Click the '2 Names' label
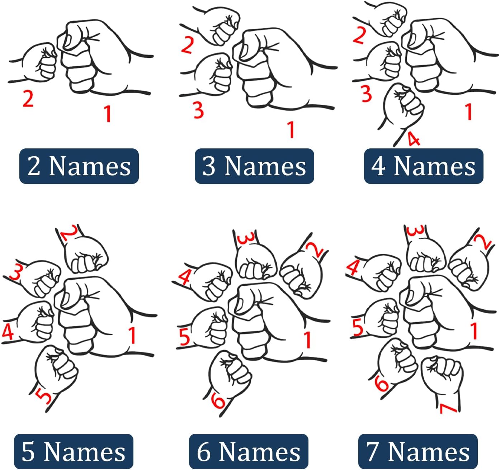pos(79,166)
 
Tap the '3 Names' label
pos(254,166)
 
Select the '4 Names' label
pos(424,166)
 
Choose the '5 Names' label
pos(74,451)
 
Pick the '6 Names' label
pos(249,451)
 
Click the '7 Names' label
pos(418,451)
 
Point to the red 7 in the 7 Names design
pos(448,409)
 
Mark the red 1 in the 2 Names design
pos(108,114)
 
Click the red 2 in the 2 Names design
pos(28,99)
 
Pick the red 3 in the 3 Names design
pos(199,110)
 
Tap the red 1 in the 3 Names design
pos(291,129)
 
